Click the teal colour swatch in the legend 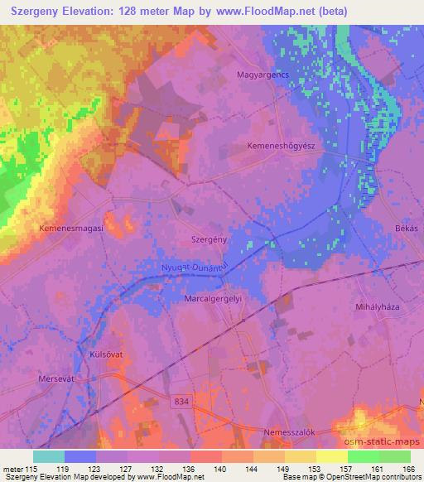tap(49, 455)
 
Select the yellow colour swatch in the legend tap(331, 455)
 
